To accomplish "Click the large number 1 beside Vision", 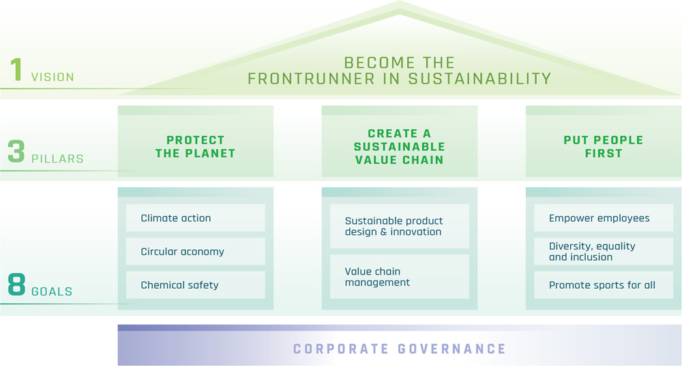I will [x=16, y=71].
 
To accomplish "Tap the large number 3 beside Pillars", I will [x=16, y=152].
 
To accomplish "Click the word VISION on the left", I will [x=53, y=77].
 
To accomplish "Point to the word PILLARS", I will [x=57, y=158].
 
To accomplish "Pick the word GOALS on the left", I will [x=52, y=292].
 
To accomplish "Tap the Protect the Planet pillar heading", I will [x=195, y=146].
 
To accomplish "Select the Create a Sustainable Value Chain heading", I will [x=399, y=146].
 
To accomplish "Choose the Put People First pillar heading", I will [x=604, y=146].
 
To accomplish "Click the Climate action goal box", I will [x=195, y=218].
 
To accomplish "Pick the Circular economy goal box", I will [x=195, y=251].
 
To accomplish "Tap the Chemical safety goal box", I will [x=195, y=285].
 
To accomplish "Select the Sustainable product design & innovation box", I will [x=399, y=226].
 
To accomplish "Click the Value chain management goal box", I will [x=399, y=277].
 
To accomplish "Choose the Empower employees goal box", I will [x=604, y=218].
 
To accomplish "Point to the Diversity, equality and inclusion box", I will [x=604, y=251].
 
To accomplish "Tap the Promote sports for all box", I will [x=604, y=285].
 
